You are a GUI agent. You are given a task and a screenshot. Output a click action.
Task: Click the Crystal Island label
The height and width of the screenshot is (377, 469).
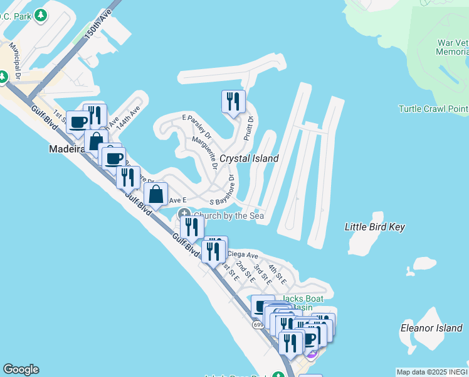(249, 159)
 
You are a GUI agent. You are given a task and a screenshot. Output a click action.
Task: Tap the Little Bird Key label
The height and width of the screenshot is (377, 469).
(375, 227)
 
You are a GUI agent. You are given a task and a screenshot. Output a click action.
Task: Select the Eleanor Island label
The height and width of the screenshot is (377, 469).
(431, 328)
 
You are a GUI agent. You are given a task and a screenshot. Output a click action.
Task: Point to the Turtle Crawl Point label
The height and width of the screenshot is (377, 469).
(433, 109)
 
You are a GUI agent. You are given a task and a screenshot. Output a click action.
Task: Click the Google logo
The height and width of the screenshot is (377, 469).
(21, 369)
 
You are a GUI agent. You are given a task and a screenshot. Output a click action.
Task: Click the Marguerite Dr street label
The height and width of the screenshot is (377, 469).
(205, 153)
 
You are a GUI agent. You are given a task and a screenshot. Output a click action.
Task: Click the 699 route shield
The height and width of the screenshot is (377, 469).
(258, 324)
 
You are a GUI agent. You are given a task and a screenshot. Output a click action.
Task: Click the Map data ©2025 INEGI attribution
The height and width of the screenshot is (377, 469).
(432, 372)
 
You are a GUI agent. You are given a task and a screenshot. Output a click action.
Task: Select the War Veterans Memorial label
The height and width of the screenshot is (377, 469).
(453, 48)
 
